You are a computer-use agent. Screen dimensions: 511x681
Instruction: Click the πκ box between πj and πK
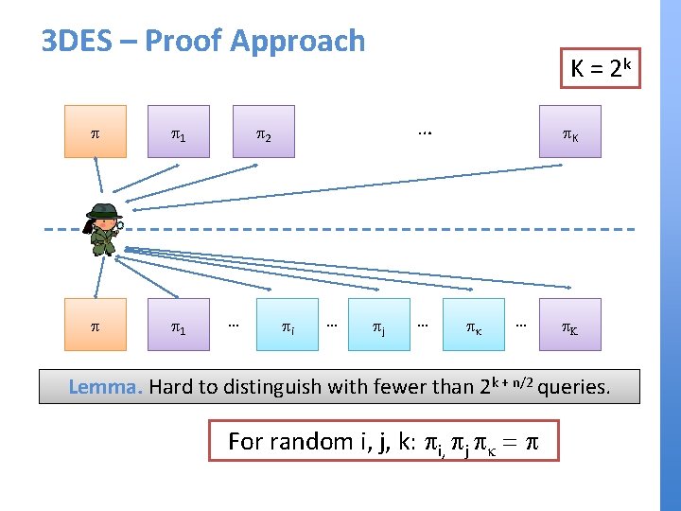471,328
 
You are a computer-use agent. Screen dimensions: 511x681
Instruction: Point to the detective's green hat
103,210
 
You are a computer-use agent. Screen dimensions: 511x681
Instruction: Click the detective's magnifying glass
117,225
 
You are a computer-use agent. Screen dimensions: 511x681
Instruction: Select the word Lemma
106,386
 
